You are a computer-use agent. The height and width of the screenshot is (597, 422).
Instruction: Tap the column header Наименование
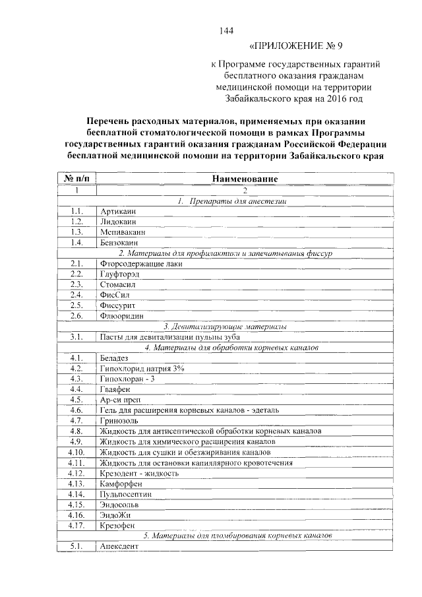(x=245, y=179)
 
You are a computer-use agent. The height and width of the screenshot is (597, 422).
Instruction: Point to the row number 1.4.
(x=76, y=242)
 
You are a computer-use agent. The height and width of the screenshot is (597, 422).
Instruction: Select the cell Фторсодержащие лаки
(x=140, y=263)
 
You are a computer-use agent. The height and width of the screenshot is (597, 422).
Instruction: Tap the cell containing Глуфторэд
(x=121, y=274)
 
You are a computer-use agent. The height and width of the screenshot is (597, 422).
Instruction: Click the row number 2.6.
(x=76, y=315)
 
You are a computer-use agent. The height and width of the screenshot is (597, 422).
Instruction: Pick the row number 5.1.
(x=76, y=547)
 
